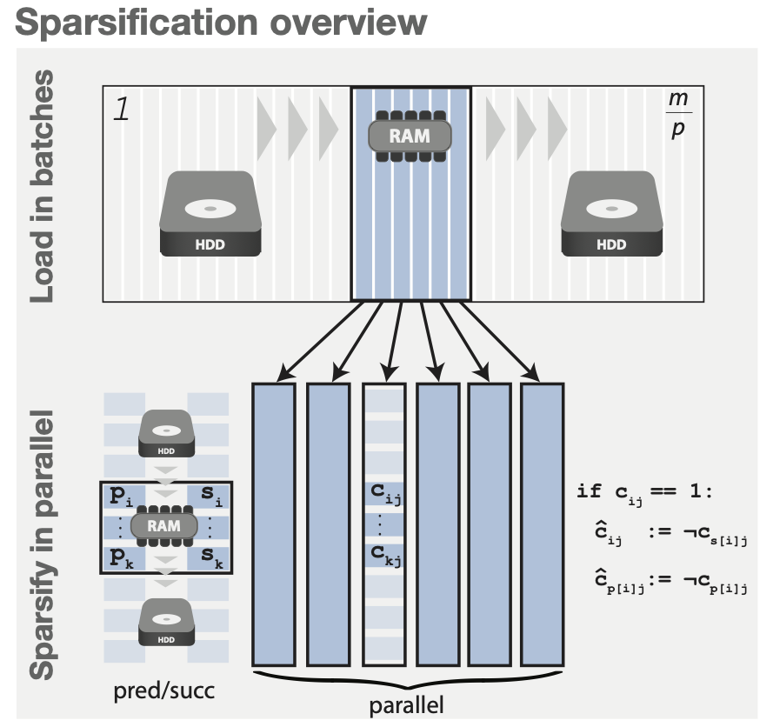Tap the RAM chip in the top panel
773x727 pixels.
(x=410, y=136)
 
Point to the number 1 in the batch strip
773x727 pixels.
(x=123, y=112)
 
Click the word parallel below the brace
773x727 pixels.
(x=406, y=703)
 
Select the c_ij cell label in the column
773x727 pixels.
(x=383, y=495)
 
